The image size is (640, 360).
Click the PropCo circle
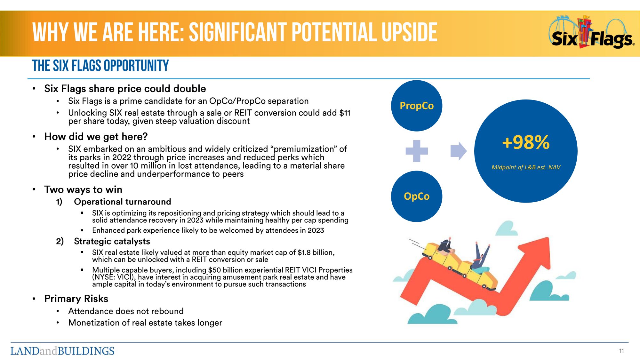coord(417,106)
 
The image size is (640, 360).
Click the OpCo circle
coord(417,196)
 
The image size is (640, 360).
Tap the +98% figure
coord(526,142)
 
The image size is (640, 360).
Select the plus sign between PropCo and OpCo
coord(417,151)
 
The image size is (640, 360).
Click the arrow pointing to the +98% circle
coord(459,151)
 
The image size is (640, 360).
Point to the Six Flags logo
coord(592,32)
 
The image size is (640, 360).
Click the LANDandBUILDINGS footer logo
coord(62,351)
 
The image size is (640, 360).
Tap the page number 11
coord(621,351)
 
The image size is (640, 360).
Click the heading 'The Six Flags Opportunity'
coord(100,66)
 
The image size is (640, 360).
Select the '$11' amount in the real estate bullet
coord(345,113)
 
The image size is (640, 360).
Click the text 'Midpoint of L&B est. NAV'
coord(526,167)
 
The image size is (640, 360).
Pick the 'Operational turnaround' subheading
coord(123,202)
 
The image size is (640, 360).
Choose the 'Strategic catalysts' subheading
coord(112,241)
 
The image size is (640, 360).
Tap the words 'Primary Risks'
coord(76,299)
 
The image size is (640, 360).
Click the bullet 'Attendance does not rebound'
coord(126,311)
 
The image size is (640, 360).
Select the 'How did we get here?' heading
coord(96,137)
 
